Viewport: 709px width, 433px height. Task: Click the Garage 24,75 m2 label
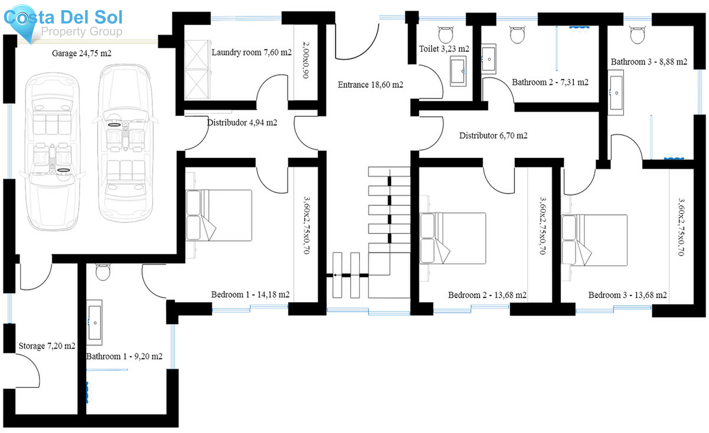click(x=82, y=53)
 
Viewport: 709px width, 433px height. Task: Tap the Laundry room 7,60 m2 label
click(x=251, y=52)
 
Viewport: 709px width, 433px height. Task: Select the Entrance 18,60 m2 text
click(x=370, y=85)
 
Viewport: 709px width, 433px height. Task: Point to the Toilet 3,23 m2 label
click(x=444, y=48)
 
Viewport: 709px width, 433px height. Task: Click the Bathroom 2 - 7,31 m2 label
click(x=550, y=82)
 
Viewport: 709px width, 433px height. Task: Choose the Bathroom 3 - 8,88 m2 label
click(x=649, y=61)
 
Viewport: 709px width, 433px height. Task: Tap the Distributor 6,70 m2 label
click(x=493, y=135)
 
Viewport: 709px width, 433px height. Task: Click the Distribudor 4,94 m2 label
click(x=242, y=122)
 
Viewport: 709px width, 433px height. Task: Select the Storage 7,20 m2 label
click(x=47, y=346)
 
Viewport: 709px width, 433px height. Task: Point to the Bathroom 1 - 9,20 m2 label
click(x=124, y=356)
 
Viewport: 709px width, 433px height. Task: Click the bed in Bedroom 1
click(x=219, y=215)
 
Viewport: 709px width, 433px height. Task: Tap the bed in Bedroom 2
click(x=453, y=238)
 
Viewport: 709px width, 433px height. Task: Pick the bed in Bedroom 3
click(x=594, y=240)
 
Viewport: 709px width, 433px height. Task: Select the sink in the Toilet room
click(x=458, y=71)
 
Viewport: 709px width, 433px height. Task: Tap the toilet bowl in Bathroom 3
click(x=637, y=35)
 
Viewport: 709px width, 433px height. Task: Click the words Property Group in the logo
click(x=82, y=31)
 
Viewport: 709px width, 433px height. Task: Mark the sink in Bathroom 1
click(x=95, y=322)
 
